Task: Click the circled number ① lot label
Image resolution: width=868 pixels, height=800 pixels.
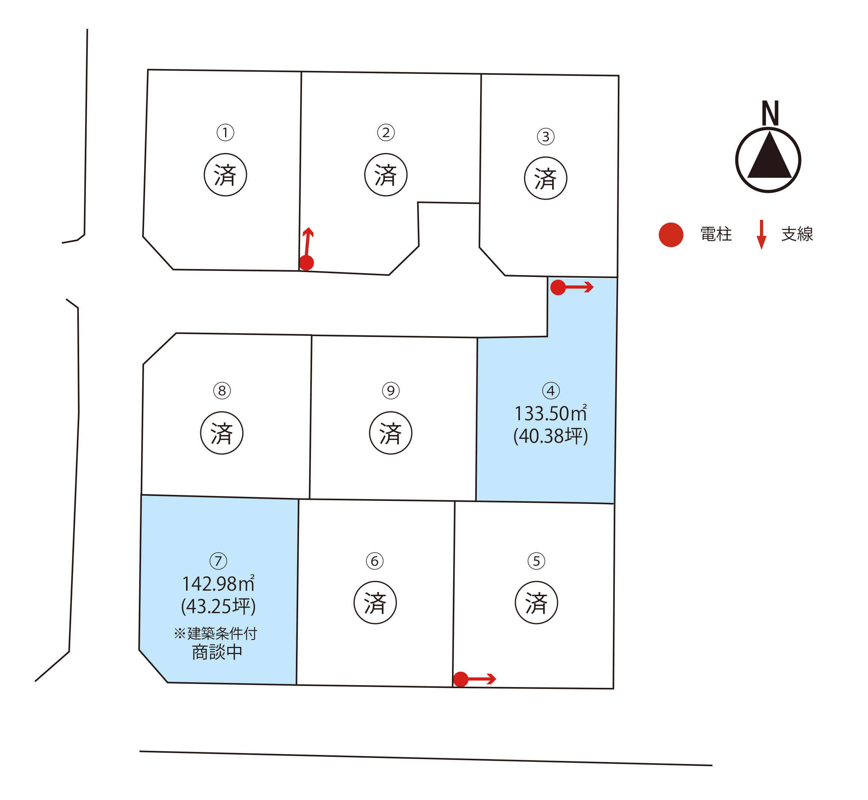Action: tap(225, 132)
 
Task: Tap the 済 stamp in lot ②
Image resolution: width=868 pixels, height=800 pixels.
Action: tap(386, 175)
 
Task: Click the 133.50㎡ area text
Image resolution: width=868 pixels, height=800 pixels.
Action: tap(550, 414)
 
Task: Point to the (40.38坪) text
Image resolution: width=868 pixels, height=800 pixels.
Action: tap(550, 436)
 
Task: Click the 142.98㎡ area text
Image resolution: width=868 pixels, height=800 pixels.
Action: tap(218, 584)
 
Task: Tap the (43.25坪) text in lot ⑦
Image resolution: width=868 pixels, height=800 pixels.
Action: tap(218, 606)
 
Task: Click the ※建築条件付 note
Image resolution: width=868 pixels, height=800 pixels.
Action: tap(215, 633)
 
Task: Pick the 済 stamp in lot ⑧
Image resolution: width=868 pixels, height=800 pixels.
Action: tap(222, 433)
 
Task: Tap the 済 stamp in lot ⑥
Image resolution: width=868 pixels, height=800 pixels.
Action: tap(375, 603)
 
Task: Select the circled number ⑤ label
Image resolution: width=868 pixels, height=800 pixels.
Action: tap(536, 561)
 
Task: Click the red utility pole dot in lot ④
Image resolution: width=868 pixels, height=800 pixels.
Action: tap(558, 287)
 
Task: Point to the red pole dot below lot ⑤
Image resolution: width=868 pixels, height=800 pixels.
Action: tap(460, 679)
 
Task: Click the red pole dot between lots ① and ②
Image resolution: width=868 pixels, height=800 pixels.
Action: tap(306, 263)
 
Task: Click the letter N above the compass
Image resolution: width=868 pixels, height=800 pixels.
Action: tap(770, 113)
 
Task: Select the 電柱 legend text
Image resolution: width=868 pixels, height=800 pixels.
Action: tap(716, 234)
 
